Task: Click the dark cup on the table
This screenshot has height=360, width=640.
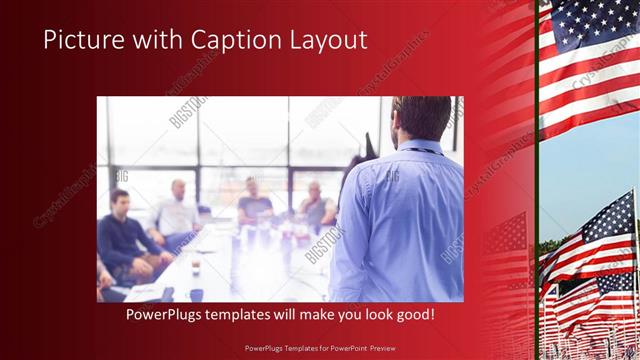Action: (x=195, y=293)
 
